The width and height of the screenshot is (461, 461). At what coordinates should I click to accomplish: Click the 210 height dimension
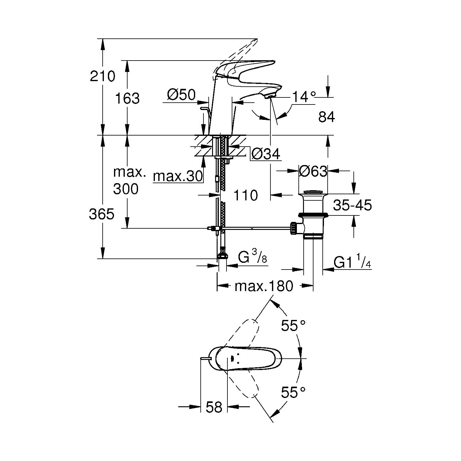pyautogui.click(x=102, y=76)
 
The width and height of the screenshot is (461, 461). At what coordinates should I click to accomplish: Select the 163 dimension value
pyautogui.click(x=127, y=98)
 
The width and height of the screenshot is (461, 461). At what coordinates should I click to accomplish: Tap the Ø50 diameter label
pyautogui.click(x=181, y=95)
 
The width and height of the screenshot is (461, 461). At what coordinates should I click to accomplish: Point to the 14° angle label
pyautogui.click(x=304, y=97)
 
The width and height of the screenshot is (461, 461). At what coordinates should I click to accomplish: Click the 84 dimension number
pyautogui.click(x=326, y=117)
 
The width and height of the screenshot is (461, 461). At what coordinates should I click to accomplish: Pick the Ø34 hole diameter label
pyautogui.click(x=266, y=154)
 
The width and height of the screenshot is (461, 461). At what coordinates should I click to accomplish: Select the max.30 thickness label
pyautogui.click(x=178, y=176)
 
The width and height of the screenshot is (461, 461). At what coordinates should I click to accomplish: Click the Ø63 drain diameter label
pyautogui.click(x=313, y=171)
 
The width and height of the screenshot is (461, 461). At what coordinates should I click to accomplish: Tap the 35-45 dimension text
pyautogui.click(x=353, y=205)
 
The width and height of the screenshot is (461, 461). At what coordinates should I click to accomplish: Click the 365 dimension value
pyautogui.click(x=102, y=214)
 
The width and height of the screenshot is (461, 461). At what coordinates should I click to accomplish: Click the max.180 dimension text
pyautogui.click(x=264, y=286)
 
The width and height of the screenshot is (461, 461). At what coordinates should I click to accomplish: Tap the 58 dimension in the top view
pyautogui.click(x=214, y=407)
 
